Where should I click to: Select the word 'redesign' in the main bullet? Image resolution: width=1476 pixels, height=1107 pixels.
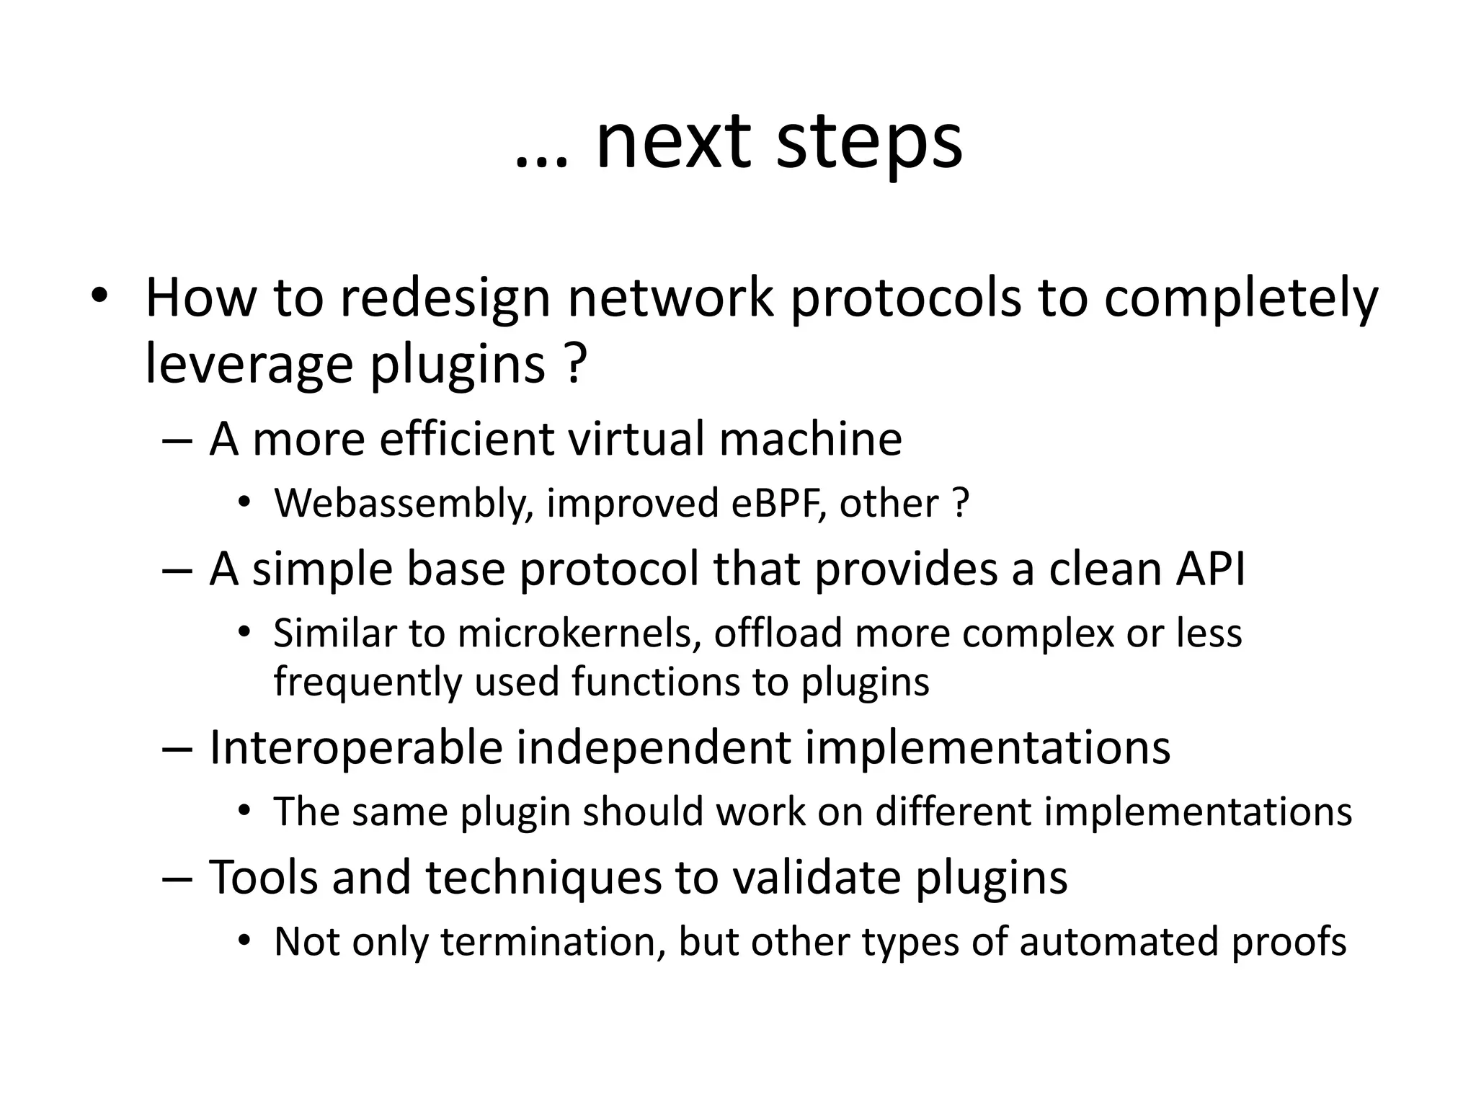445,298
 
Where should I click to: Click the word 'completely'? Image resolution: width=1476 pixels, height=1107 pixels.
1240,298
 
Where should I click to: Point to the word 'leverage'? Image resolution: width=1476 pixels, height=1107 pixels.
249,364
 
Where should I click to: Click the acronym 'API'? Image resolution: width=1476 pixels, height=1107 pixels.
1210,569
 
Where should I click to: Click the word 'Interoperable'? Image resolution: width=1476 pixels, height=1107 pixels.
355,747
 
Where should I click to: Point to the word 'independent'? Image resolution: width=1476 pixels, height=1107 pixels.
654,747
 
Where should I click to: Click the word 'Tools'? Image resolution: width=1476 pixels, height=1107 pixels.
263,877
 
